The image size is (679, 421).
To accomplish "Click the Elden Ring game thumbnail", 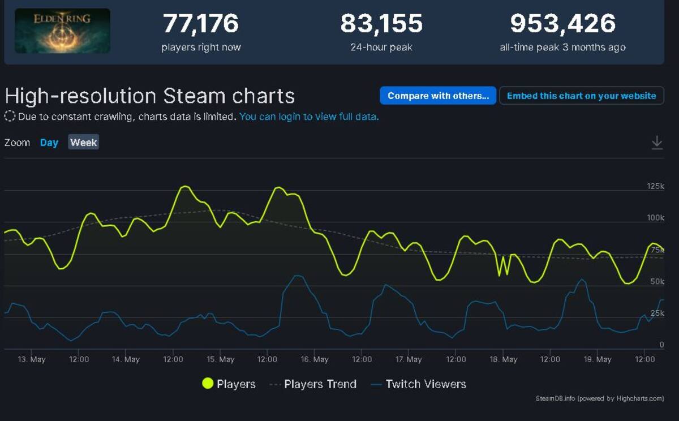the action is [62, 31].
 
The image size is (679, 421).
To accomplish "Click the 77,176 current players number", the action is [201, 23].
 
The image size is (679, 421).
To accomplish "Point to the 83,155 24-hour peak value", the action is [381, 23].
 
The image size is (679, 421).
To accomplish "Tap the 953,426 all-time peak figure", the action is [562, 23].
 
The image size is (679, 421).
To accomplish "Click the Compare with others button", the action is [438, 96].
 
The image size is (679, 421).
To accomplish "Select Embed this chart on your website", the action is [582, 96].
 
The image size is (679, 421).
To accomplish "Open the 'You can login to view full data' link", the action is [309, 117].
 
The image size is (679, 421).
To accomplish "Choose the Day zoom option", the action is [49, 142].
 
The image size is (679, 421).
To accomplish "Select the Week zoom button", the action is [83, 142].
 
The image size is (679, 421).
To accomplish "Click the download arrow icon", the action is [657, 143].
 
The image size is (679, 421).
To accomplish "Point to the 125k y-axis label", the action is [655, 186].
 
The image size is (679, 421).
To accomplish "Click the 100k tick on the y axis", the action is [655, 217].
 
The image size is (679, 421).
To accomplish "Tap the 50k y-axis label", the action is [657, 281].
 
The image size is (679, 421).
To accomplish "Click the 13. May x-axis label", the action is [32, 359].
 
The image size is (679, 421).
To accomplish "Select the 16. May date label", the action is [315, 359].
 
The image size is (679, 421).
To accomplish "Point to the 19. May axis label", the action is [598, 359].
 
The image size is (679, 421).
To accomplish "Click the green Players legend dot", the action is [208, 384].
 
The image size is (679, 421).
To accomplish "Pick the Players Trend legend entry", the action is [313, 384].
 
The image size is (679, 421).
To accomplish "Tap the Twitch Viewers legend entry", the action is [419, 384].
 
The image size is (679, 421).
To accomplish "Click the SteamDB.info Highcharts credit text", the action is [600, 398].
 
